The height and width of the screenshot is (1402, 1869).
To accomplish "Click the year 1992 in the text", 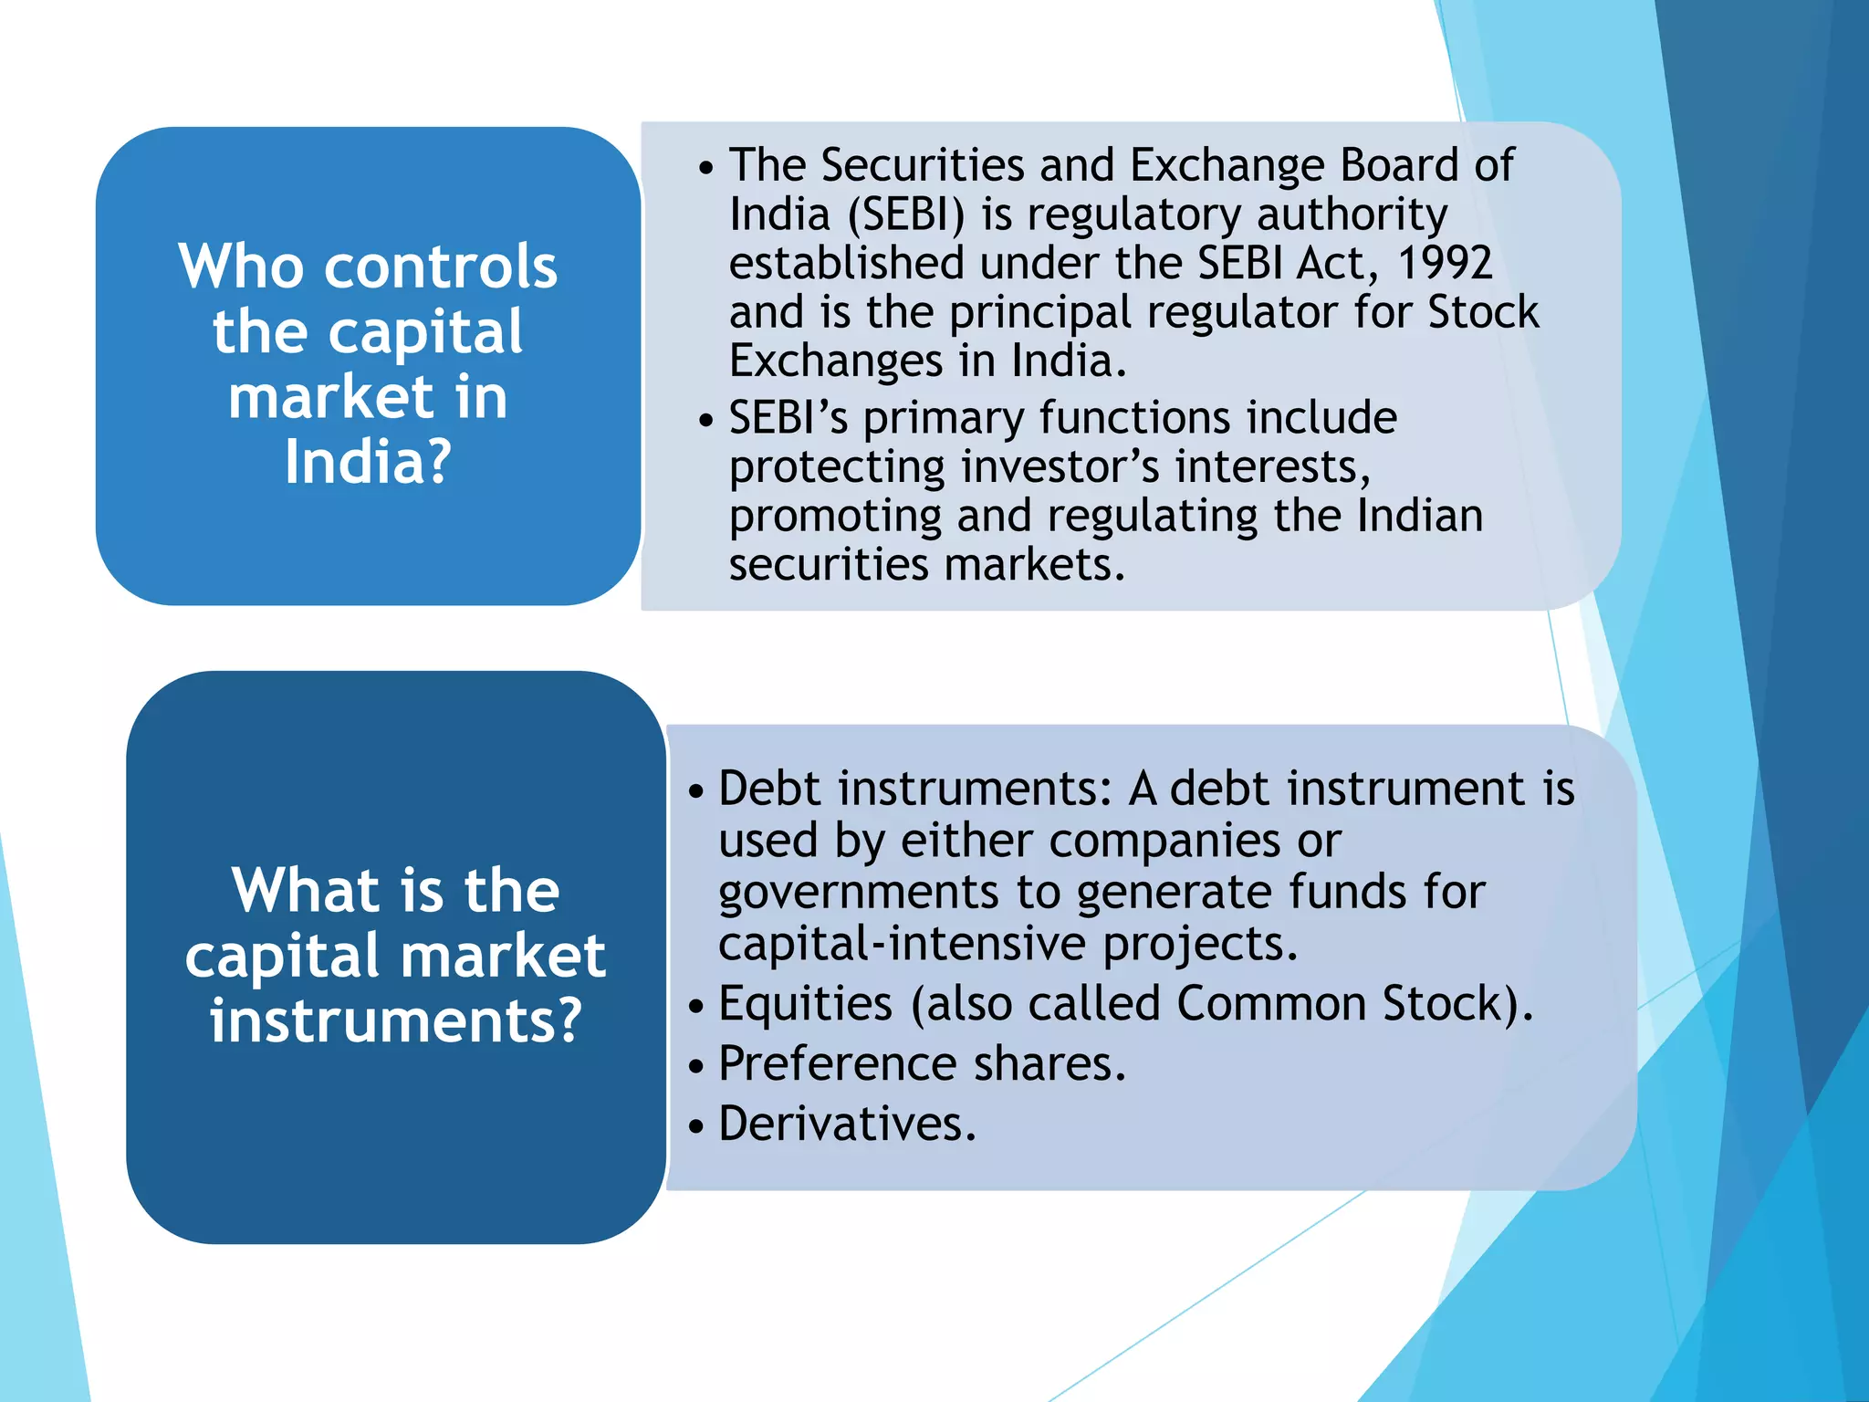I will (1444, 264).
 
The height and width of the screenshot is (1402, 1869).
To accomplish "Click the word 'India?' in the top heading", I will (368, 462).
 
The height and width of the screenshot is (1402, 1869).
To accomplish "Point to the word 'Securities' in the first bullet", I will (922, 166).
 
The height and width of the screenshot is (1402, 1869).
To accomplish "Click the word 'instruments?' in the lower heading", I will (395, 1020).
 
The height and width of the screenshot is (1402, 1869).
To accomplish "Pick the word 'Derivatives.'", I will (847, 1124).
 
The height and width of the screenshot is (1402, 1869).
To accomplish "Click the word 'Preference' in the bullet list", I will (838, 1063).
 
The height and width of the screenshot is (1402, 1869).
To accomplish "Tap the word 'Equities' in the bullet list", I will (805, 1004).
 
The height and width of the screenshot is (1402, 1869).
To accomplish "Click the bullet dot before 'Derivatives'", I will (696, 1126).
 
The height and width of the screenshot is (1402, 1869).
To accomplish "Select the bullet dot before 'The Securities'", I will (705, 169).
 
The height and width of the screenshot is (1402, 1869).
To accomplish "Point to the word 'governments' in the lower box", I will (858, 893).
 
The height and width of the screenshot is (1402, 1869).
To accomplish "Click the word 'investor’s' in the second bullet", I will (1060, 467).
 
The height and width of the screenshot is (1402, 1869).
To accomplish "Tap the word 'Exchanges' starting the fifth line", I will (835, 361).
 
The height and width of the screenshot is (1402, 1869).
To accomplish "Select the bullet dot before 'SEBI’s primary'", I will (705, 422).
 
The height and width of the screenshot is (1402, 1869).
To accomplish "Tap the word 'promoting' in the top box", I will (834, 517).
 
